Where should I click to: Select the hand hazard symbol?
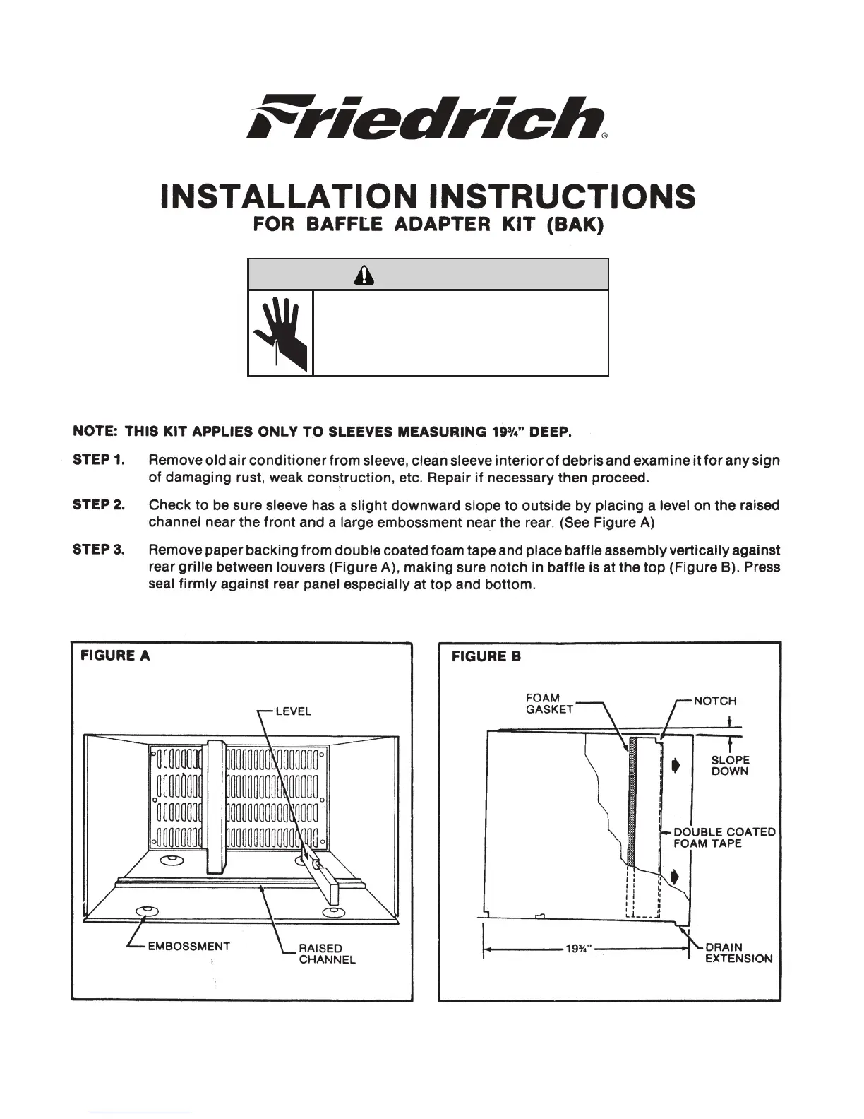[x=281, y=332]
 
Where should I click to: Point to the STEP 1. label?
[x=99, y=461]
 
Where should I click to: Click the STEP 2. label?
[x=99, y=505]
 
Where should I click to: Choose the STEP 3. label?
[x=99, y=550]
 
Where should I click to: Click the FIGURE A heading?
[x=115, y=656]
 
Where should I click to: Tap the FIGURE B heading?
[x=486, y=656]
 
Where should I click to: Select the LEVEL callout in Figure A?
[x=293, y=711]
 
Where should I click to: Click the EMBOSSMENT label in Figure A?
[x=188, y=946]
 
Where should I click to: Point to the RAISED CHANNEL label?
[x=326, y=954]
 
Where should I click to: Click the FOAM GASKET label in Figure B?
[x=550, y=704]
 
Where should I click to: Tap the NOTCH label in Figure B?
[x=715, y=701]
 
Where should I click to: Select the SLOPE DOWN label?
[x=730, y=766]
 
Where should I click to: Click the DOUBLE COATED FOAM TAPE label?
[x=724, y=837]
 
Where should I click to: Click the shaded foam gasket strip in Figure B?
[x=632, y=798]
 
